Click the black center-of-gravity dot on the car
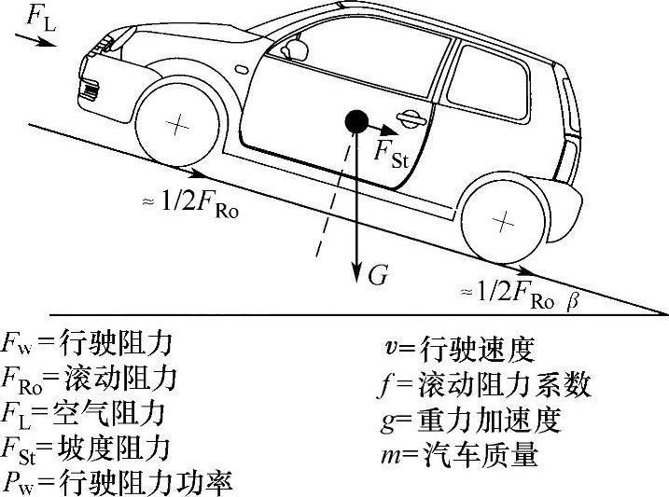[355, 120]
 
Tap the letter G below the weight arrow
[377, 275]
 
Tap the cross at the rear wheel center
[504, 222]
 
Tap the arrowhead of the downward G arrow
[355, 277]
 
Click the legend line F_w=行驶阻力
[89, 345]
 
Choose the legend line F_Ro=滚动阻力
[90, 380]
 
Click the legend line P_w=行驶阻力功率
[118, 481]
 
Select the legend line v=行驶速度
[458, 350]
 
